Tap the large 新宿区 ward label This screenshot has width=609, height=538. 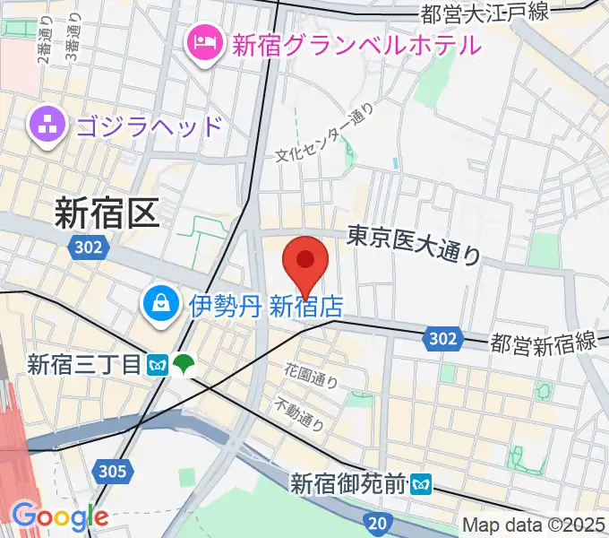tap(106, 213)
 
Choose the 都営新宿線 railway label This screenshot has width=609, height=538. tap(543, 342)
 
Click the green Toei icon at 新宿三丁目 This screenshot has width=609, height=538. tap(186, 364)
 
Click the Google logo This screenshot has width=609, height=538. tap(60, 516)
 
